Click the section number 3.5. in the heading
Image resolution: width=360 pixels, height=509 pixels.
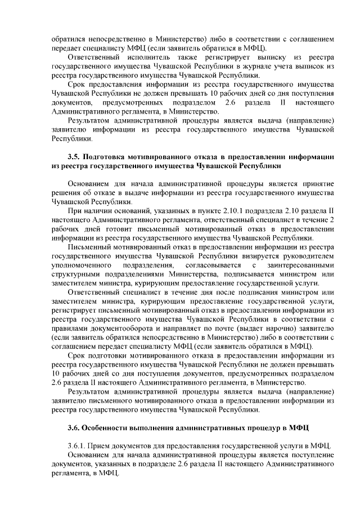[x=75, y=157]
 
